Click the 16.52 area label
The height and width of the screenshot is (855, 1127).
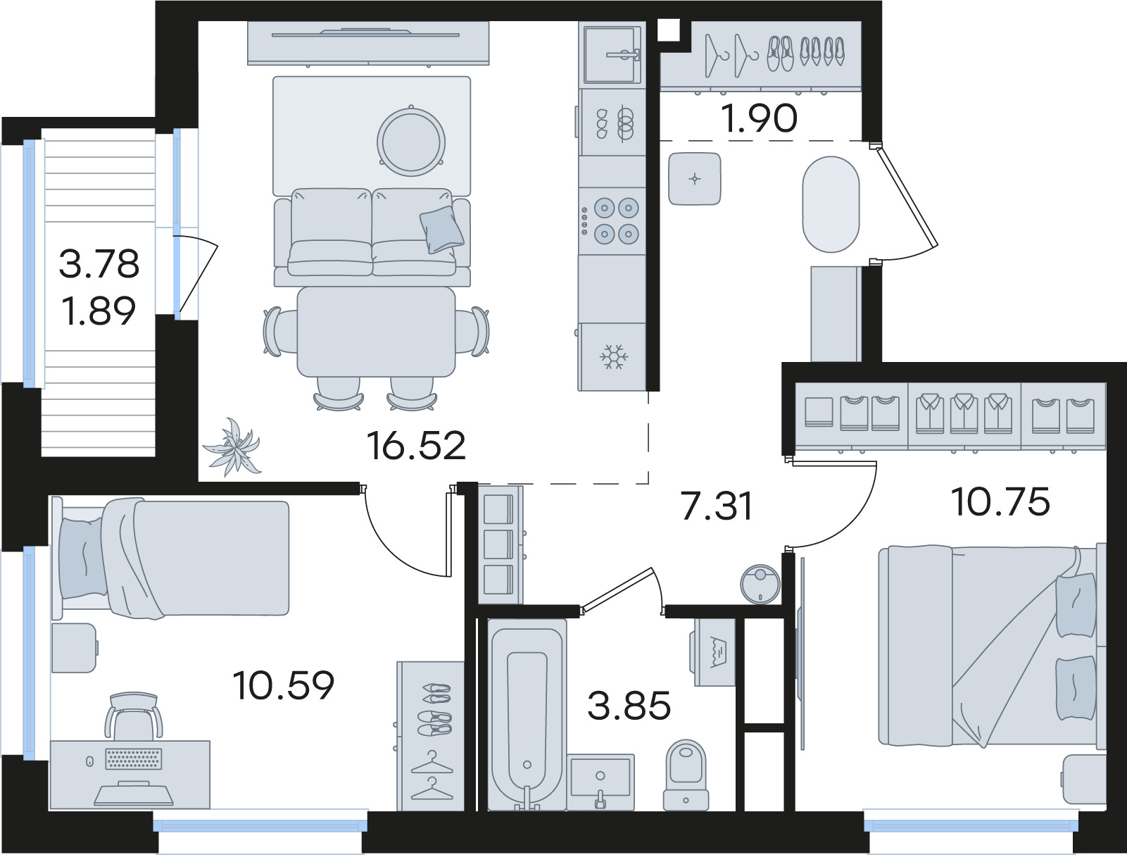pos(416,446)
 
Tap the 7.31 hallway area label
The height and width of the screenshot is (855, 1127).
pos(717,506)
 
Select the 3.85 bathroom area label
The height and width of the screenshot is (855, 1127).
pos(629,706)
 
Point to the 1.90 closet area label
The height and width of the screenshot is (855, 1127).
pos(759,118)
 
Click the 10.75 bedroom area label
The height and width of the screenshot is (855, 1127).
pos(1001,501)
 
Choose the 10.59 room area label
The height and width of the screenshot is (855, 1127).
pos(284,685)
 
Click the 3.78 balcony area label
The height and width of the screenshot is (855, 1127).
pos(99,264)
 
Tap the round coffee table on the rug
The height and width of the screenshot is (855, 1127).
pos(411,142)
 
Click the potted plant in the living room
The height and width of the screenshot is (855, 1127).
pos(232,447)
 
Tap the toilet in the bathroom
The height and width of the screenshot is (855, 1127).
pos(686,775)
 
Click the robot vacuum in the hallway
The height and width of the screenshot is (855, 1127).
pos(760,584)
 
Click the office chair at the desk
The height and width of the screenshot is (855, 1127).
pos(134,716)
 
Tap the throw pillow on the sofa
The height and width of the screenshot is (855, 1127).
pos(441,230)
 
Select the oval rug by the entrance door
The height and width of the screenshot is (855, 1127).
pos(831,204)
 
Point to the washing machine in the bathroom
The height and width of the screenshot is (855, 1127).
pos(714,652)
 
